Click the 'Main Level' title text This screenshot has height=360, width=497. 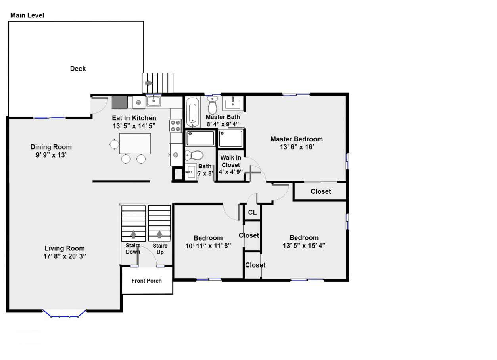pos(27,15)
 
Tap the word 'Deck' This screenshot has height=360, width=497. pos(78,69)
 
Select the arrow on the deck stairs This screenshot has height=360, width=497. pos(149,83)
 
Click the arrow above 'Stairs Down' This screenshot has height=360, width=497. pos(133,235)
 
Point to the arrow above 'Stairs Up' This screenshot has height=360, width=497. pos(159,234)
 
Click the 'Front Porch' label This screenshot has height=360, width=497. pos(146,281)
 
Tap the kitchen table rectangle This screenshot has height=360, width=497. pos(135,143)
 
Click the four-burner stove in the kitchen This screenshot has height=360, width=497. pos(176,126)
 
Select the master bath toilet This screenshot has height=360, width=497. pos(213,105)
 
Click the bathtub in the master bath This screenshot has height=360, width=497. pos(192,112)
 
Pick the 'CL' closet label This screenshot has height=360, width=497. pos(252,212)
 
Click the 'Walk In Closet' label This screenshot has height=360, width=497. pos(231,161)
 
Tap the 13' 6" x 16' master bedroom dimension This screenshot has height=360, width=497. pos(297,147)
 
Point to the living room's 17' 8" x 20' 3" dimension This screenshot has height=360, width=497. pos(65,256)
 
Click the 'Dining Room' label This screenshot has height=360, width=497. pos(51,147)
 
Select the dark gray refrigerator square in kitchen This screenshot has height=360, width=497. pos(119,102)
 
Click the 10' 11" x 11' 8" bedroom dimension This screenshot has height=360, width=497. pos(208,246)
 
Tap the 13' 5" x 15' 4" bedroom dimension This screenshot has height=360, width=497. pos(304,246)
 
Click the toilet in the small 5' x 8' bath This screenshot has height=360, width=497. pos(194,155)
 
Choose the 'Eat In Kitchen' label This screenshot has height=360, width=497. pos(134,118)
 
